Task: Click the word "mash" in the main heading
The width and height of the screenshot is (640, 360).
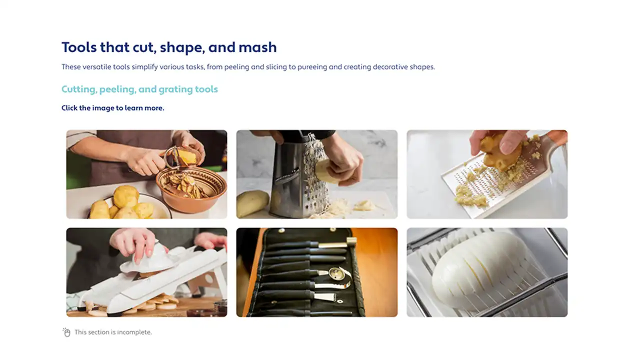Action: [257, 47]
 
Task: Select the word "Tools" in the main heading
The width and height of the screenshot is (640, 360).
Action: [79, 47]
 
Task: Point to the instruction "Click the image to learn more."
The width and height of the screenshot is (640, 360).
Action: [113, 108]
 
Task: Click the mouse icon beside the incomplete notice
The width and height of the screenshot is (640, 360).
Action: [66, 332]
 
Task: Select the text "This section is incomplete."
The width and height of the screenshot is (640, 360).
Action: [113, 332]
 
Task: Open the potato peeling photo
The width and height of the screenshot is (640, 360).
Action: [147, 174]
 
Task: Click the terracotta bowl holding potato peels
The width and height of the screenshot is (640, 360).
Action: [191, 188]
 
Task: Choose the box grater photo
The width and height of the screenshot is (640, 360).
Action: [317, 174]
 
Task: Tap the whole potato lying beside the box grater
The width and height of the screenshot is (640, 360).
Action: [252, 203]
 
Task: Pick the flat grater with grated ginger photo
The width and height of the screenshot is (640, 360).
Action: [487, 174]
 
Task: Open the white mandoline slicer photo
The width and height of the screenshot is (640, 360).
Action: [147, 272]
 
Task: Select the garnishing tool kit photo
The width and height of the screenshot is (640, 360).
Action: [317, 272]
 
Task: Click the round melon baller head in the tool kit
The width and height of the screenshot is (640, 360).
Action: [336, 273]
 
